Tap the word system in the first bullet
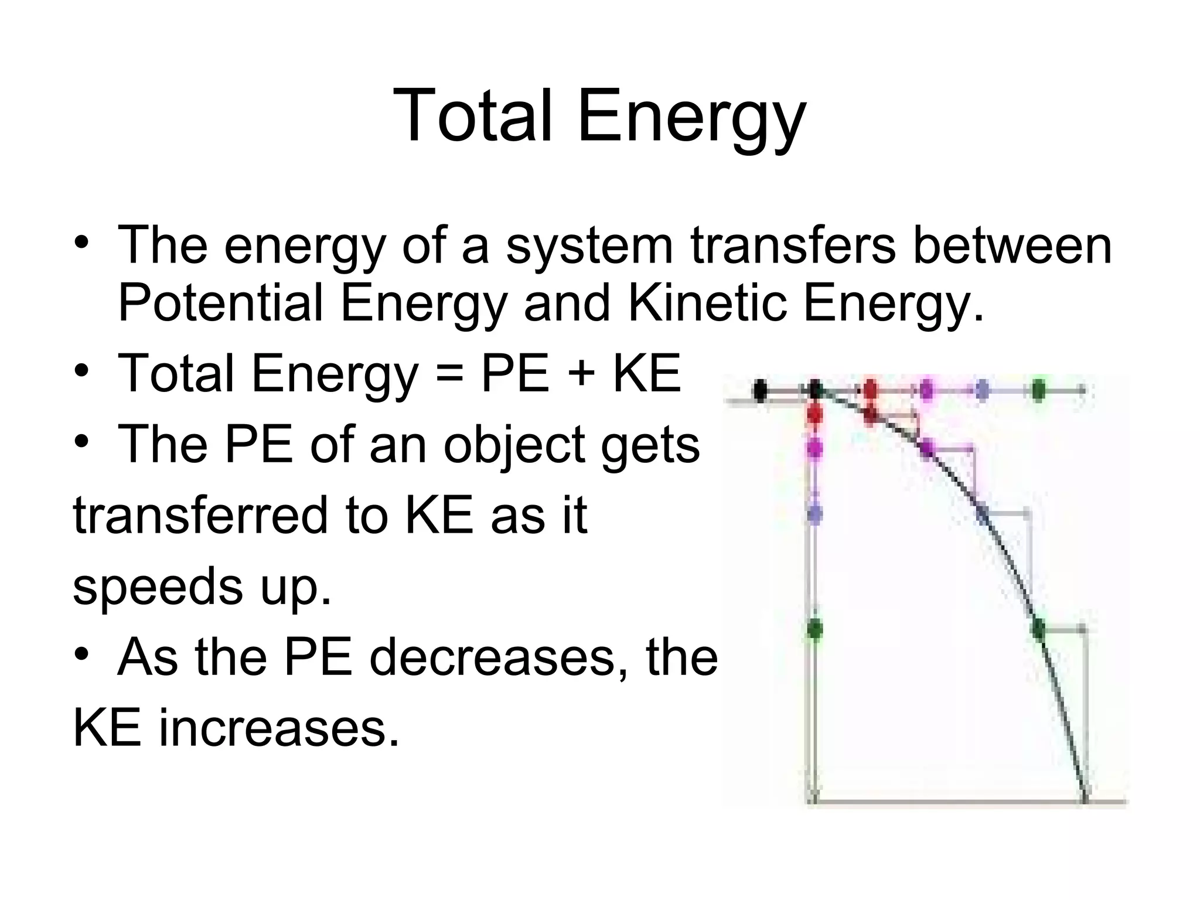589,246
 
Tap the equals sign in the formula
449,374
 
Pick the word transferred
200,516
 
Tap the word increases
279,729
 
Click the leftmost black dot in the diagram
761,390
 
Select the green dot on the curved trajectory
1038,630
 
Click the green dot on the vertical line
814,629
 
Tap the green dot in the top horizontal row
1038,390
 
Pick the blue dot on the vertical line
814,514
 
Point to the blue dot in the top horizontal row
983,390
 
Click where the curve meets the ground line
1085,800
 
